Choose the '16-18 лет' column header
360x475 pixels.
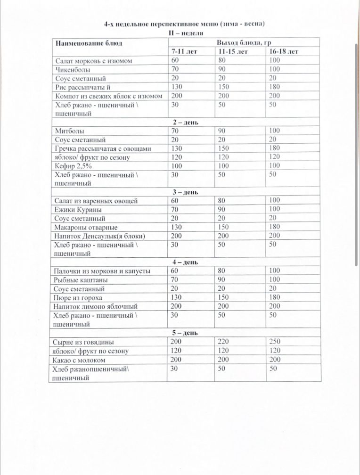(x=284, y=51)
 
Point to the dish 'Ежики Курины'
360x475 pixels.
(x=79, y=210)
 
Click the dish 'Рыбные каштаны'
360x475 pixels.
(x=81, y=280)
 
